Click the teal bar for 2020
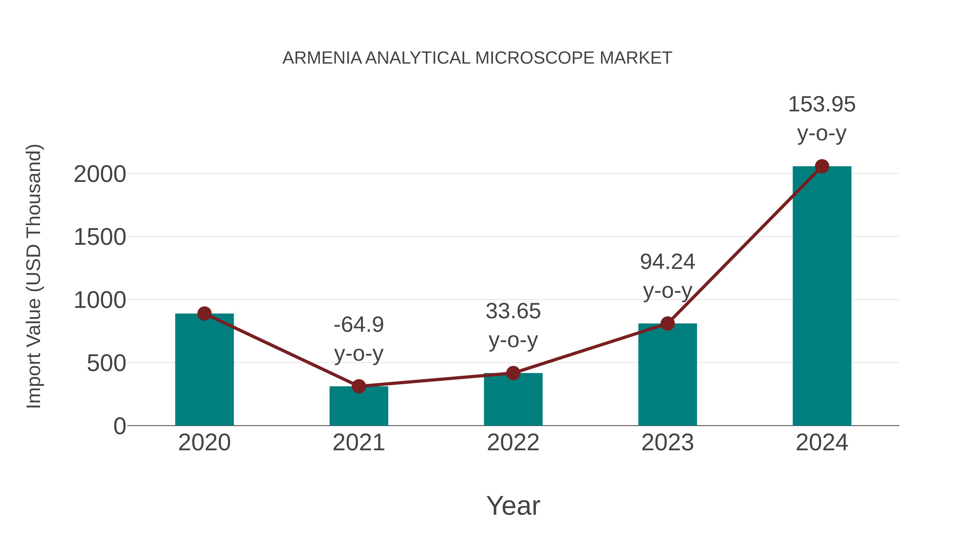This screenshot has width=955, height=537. coord(204,371)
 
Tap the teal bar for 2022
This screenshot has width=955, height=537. coord(513,400)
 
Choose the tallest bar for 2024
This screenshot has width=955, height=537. coord(822,296)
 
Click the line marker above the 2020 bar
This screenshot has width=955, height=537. coord(204,313)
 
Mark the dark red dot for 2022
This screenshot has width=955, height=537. coord(513,373)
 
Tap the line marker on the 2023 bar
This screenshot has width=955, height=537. coord(667,324)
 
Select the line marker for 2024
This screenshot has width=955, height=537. coord(822,166)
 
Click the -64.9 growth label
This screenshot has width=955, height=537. coord(358,325)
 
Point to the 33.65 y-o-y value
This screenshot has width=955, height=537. coord(513,311)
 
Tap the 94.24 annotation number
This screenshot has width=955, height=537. coord(667,262)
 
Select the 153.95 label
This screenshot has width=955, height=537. coord(822,104)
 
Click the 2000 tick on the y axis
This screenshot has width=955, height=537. coord(100,174)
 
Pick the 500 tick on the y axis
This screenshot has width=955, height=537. coord(106,363)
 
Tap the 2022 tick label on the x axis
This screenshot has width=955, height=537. coord(513,443)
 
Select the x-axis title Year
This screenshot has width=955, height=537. coord(513,505)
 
